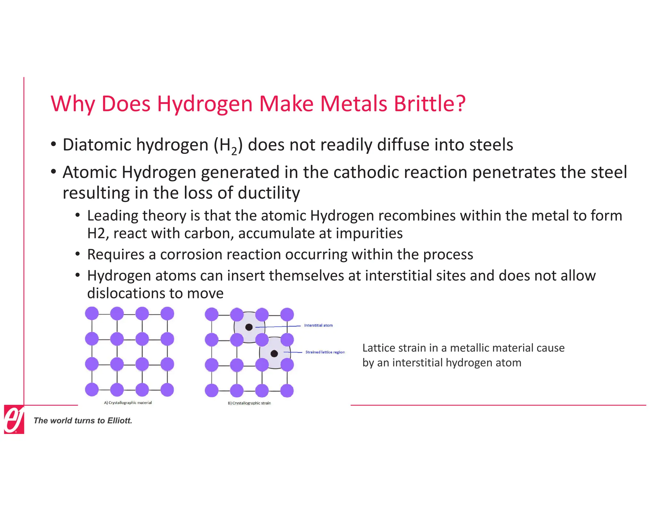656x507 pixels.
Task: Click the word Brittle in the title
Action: pyautogui.click(x=429, y=104)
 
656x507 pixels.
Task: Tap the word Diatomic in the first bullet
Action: pyautogui.click(x=97, y=145)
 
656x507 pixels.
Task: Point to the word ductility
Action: pyautogui.click(x=269, y=193)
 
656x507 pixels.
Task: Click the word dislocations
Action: pyautogui.click(x=135, y=293)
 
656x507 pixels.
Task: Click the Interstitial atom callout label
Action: pyautogui.click(x=318, y=325)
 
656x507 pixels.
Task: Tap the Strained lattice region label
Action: pyautogui.click(x=325, y=352)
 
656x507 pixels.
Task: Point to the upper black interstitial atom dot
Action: pyautogui.click(x=249, y=327)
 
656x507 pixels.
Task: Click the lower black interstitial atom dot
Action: pyautogui.click(x=274, y=353)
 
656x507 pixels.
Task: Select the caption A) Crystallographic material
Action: pyautogui.click(x=128, y=403)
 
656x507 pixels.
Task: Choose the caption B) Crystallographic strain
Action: pyautogui.click(x=249, y=403)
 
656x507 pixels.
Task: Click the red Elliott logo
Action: pyautogui.click(x=14, y=419)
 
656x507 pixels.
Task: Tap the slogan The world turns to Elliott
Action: pyautogui.click(x=83, y=420)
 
